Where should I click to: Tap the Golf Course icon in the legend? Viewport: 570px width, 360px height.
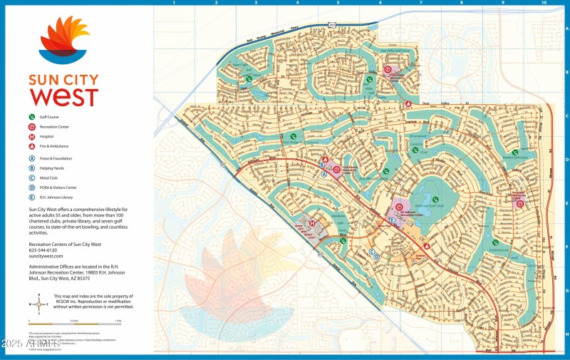click(x=31, y=115)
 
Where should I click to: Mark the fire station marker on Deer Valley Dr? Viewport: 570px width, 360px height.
click(x=408, y=104)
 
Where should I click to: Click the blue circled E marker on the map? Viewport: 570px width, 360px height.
click(x=392, y=222)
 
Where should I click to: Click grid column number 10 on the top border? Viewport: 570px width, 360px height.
click(x=544, y=3)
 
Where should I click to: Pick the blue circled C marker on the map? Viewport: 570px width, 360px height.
click(x=372, y=252)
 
